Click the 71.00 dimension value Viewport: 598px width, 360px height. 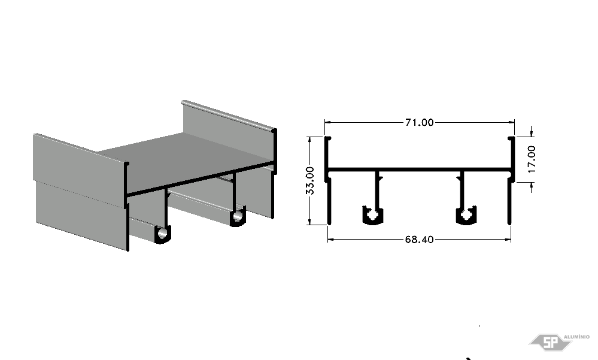point(419,123)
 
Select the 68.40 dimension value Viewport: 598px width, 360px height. point(419,240)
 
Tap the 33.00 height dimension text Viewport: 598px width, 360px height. point(310,180)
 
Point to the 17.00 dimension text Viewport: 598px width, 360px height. point(532,159)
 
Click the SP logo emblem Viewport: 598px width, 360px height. point(550,341)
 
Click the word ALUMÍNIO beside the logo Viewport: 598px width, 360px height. point(576,337)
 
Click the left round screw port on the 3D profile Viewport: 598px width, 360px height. point(163,234)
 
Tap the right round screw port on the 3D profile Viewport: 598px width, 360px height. point(238,216)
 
